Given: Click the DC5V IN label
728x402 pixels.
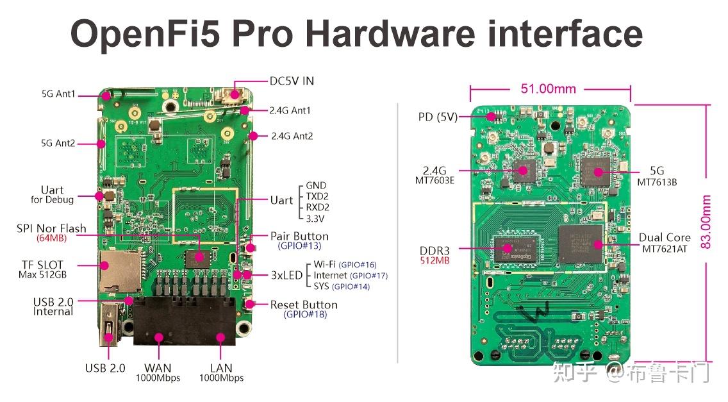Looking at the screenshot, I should tap(292, 81).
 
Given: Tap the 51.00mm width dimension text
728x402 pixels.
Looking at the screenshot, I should tap(548, 88).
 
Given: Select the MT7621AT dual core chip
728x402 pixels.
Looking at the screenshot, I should tap(581, 244).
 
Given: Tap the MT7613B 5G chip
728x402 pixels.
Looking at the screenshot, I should tap(598, 171).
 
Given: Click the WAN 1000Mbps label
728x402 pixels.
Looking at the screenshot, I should tap(158, 373).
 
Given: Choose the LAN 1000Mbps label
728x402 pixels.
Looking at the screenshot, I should tap(221, 373).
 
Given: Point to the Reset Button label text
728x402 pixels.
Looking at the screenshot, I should tap(304, 305).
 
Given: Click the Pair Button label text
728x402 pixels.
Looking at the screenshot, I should tap(299, 236).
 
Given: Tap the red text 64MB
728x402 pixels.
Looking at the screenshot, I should tap(51, 239).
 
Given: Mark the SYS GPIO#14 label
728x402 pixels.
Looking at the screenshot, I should tap(342, 286).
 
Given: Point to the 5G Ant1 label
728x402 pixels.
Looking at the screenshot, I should tap(58, 94).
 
